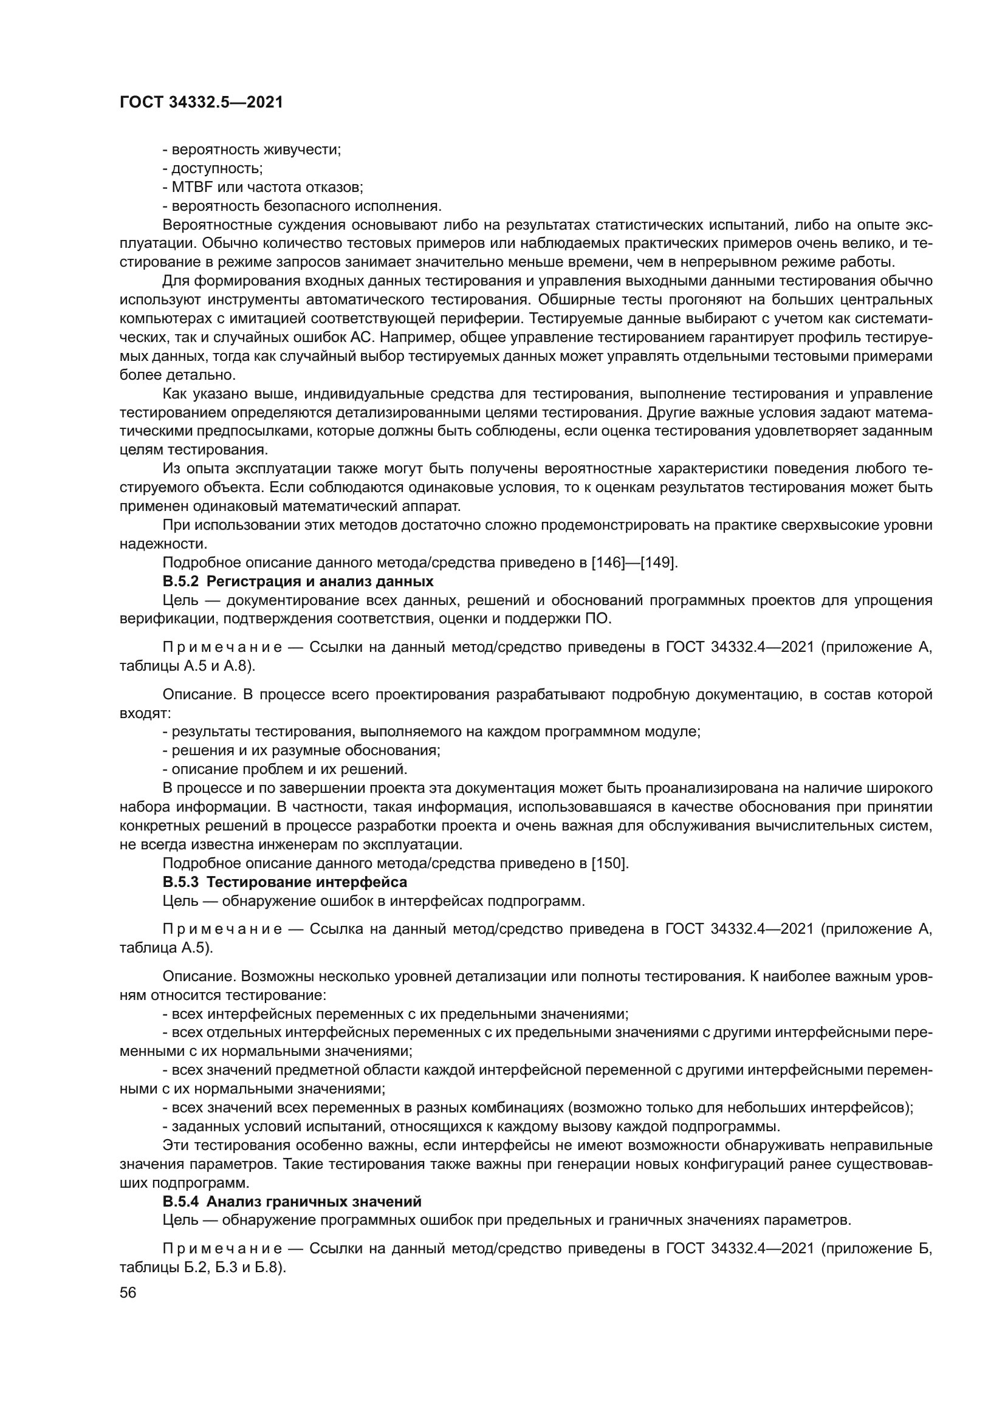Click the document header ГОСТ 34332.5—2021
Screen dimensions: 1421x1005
tap(201, 103)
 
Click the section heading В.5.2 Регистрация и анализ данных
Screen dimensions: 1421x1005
tap(298, 581)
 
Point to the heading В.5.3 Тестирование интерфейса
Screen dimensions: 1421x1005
tap(284, 882)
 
